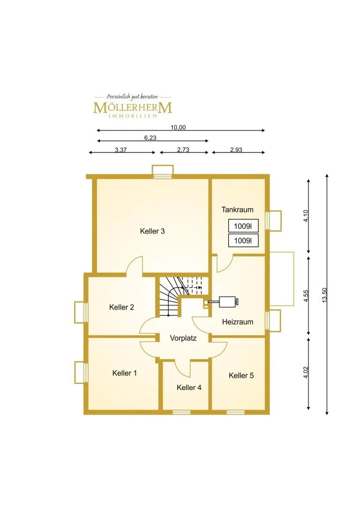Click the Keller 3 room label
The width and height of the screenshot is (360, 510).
(152, 231)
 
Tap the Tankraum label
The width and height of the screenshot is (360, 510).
(237, 210)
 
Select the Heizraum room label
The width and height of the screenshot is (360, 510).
(238, 322)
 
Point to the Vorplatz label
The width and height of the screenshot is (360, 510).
(183, 338)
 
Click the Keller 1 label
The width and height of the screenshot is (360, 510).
(124, 373)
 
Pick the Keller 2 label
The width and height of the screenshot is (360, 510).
(121, 307)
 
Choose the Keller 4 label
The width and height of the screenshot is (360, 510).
(189, 388)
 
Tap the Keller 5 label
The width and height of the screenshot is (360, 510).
(241, 376)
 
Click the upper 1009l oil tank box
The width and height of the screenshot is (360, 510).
(243, 226)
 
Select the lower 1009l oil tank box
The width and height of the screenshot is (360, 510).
(243, 241)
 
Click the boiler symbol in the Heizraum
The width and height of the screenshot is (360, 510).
(228, 302)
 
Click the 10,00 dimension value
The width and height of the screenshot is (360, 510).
(178, 128)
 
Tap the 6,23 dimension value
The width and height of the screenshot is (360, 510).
(150, 138)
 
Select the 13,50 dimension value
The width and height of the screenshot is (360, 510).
(324, 295)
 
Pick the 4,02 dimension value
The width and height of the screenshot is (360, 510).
(306, 373)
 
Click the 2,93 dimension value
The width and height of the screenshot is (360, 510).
(236, 150)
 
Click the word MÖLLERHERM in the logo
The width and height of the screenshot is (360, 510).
(133, 107)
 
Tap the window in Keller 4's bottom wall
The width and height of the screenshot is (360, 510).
(181, 412)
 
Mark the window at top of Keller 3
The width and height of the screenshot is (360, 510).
(163, 176)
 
